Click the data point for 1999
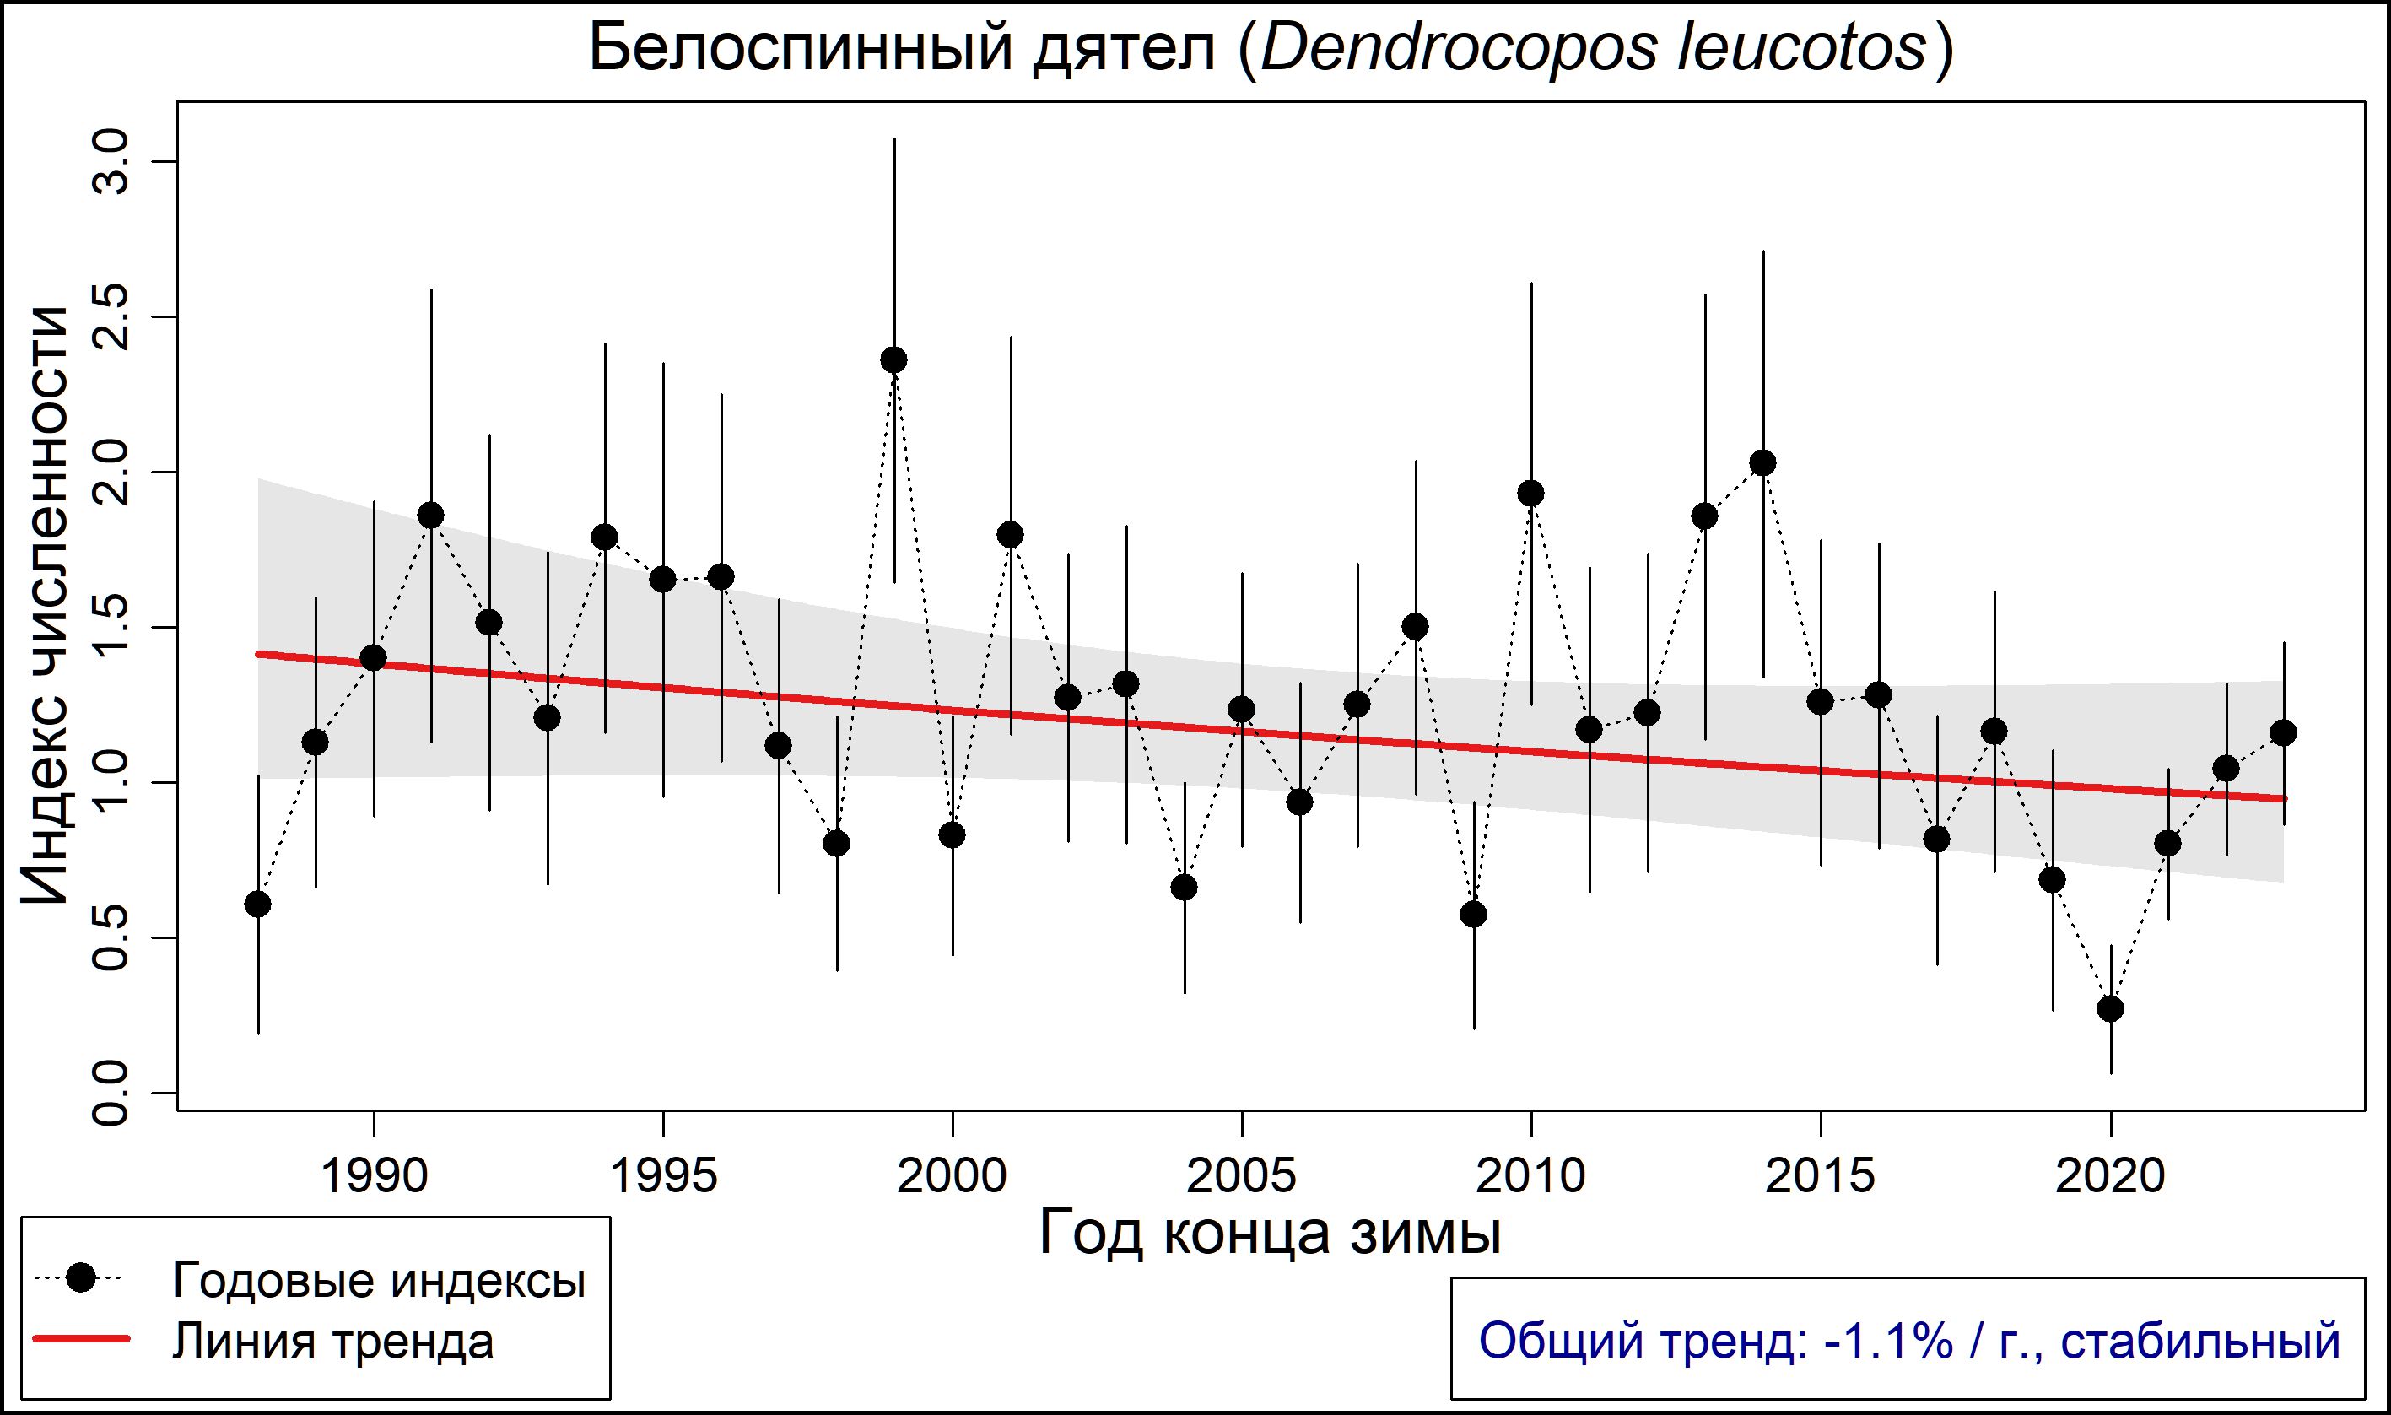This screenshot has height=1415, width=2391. click(894, 360)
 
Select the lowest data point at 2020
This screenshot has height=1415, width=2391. click(2111, 1009)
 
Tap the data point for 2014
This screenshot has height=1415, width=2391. click(1763, 463)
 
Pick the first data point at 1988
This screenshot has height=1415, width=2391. click(257, 904)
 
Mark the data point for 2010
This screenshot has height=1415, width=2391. click(1531, 493)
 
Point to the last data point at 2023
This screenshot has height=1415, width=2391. click(2283, 733)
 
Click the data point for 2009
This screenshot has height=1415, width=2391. click(1474, 915)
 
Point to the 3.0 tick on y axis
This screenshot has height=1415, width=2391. click(112, 162)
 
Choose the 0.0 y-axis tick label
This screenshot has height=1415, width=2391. click(112, 1094)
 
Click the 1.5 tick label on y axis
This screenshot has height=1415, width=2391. click(112, 628)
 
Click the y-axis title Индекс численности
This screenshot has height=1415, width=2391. click(46, 606)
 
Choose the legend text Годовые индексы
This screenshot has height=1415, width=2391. click(379, 1281)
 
